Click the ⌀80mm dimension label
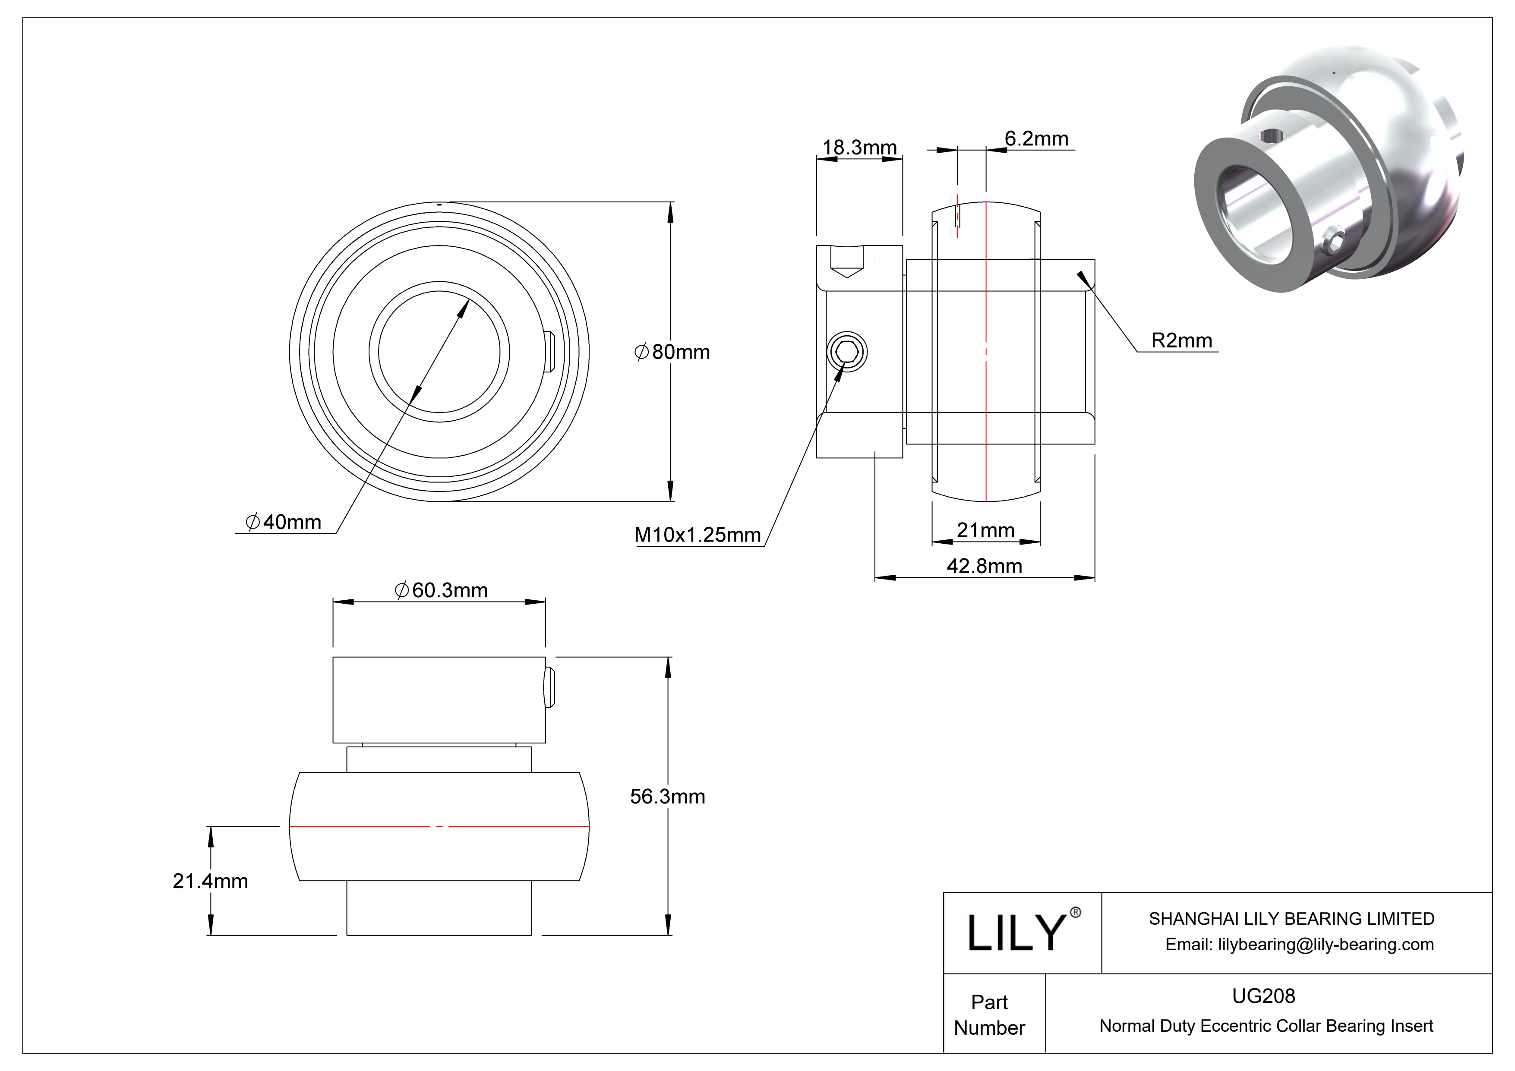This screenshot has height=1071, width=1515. click(x=672, y=352)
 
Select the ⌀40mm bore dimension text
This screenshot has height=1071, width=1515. click(x=283, y=522)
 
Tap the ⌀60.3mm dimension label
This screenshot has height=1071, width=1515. click(x=441, y=590)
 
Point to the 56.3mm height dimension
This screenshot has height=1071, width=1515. click(x=667, y=797)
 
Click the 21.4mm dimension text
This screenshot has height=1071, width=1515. click(x=211, y=881)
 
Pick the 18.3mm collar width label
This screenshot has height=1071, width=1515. click(x=859, y=147)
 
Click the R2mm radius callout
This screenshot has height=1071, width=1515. click(x=1182, y=340)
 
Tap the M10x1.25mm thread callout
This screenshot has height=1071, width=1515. click(x=698, y=534)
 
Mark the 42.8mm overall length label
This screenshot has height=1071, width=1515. click(x=985, y=566)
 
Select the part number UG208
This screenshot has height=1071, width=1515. click(x=1264, y=996)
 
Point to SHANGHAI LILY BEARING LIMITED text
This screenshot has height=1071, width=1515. click(x=1292, y=919)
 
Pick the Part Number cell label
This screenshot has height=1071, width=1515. click(x=989, y=1015)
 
